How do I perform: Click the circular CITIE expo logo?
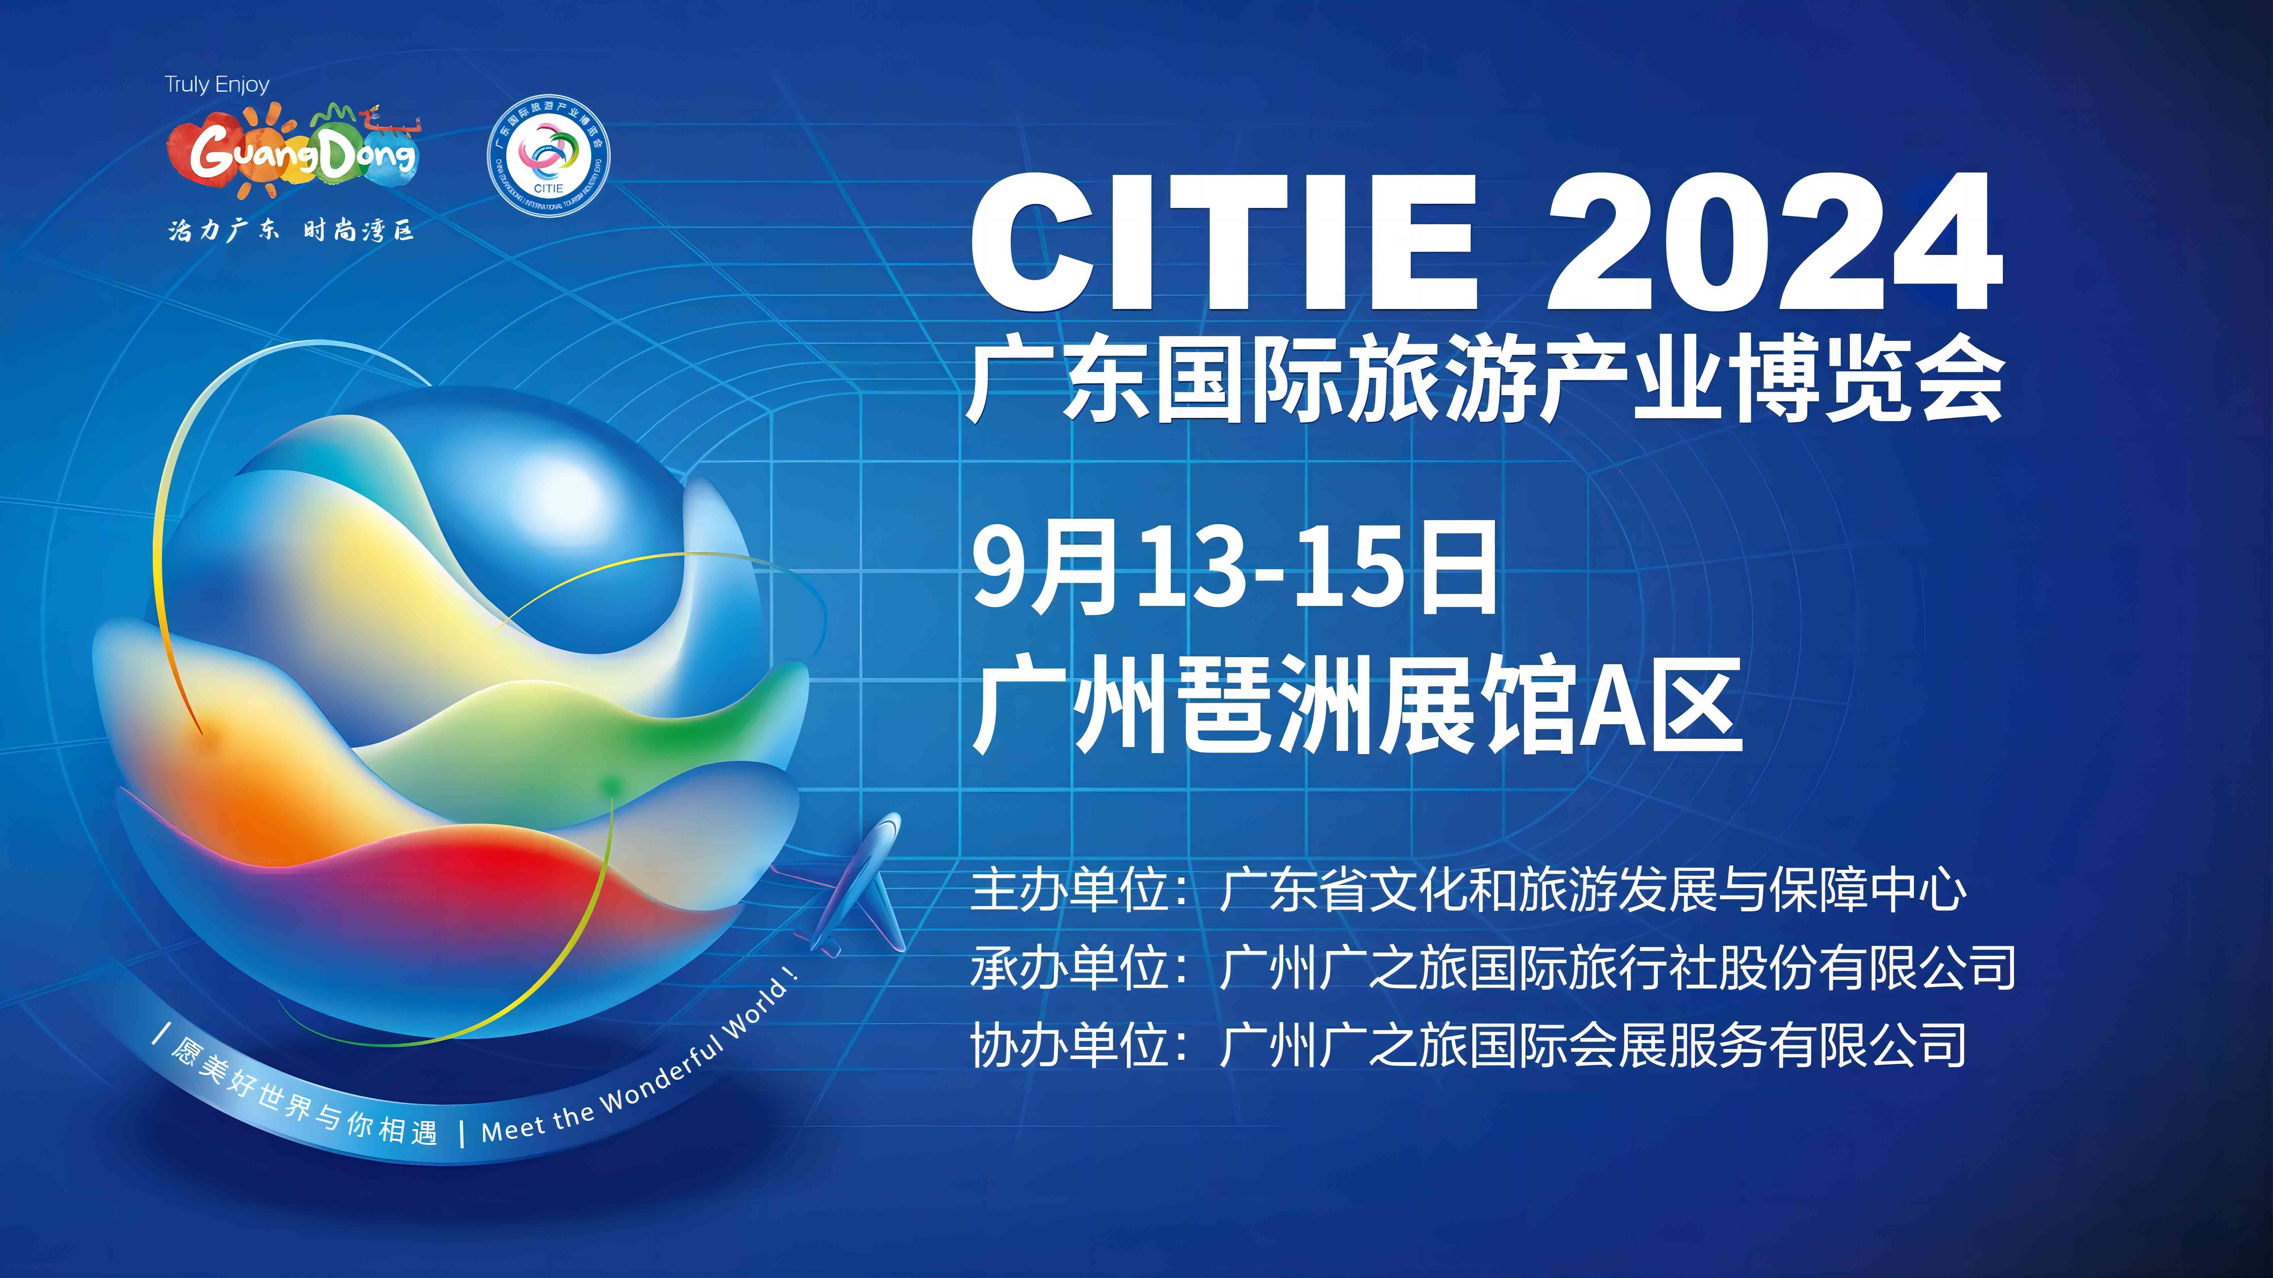549,155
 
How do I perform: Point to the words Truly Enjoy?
216,85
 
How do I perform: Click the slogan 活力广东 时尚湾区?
291,231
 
